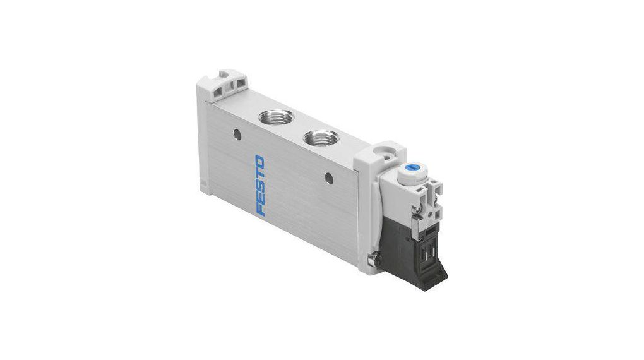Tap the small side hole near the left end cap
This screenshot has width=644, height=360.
pyautogui.click(x=237, y=134)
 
